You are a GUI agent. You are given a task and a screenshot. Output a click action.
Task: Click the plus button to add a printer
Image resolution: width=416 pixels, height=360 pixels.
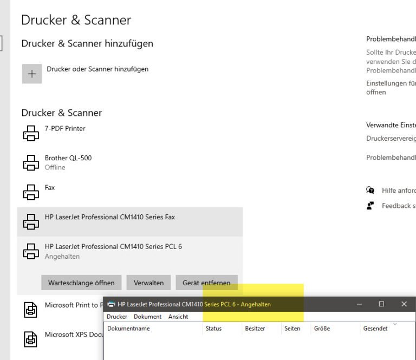(32, 74)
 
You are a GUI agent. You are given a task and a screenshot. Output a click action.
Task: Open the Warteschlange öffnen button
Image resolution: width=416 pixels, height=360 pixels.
(81, 283)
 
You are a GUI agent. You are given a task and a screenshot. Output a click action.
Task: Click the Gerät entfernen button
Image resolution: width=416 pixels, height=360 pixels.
(206, 283)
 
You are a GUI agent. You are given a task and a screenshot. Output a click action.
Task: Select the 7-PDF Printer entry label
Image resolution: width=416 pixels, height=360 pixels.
(65, 129)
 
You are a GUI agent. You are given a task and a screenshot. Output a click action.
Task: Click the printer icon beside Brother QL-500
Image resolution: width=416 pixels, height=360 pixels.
(31, 162)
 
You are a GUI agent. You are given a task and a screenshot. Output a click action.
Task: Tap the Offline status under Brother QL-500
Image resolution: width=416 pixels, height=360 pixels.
(55, 167)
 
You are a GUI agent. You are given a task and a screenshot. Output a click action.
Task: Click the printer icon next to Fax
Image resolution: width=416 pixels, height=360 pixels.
(31, 192)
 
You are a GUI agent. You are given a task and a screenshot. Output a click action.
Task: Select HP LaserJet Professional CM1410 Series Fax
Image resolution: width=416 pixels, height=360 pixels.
(110, 217)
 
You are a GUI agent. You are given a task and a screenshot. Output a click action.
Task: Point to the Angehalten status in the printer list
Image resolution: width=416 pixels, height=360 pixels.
(62, 257)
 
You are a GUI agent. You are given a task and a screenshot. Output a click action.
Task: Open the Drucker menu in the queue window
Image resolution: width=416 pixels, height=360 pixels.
(117, 317)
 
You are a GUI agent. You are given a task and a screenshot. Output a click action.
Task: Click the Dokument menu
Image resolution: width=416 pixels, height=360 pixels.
(147, 317)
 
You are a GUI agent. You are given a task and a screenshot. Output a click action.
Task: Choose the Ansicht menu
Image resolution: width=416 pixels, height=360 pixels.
(178, 317)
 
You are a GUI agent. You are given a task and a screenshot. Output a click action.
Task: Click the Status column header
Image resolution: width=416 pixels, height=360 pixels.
(213, 329)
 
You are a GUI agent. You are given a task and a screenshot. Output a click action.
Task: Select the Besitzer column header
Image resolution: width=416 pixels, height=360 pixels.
(255, 329)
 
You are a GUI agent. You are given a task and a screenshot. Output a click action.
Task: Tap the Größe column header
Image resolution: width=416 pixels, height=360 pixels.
(322, 329)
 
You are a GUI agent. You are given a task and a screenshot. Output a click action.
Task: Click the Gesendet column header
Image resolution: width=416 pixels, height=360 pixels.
(375, 329)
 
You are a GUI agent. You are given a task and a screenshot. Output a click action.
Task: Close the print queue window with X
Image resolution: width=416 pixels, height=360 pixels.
(404, 304)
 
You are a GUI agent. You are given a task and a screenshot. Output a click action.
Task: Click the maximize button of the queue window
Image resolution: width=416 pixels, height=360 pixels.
(381, 304)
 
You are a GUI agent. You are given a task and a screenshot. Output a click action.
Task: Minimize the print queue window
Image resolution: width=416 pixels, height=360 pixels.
(360, 304)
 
